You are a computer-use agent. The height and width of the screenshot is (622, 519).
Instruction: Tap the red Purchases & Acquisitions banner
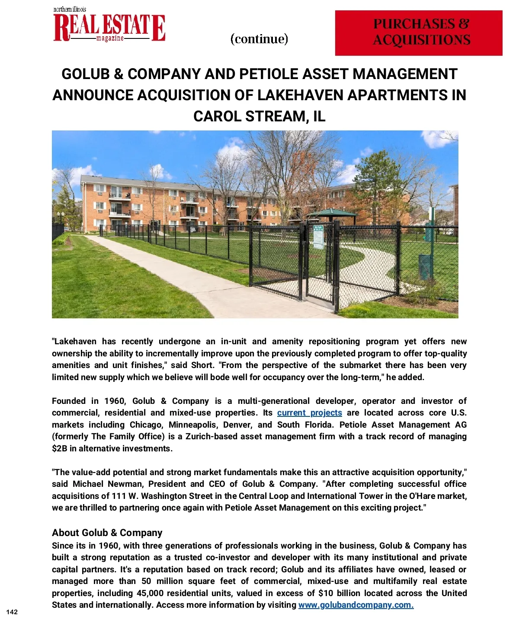point(418,33)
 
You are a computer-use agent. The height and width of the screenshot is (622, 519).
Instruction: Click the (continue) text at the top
point(259,39)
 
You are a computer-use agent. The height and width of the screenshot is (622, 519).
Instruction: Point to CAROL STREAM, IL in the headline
point(259,116)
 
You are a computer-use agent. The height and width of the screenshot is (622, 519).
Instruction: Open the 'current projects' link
point(309,413)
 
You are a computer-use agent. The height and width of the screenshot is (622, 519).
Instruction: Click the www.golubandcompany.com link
point(356,605)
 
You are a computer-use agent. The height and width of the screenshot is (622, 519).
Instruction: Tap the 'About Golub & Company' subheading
point(107,533)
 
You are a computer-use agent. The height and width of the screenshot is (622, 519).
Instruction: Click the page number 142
point(12,612)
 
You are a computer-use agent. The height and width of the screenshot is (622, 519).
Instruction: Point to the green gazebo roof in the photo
point(332,213)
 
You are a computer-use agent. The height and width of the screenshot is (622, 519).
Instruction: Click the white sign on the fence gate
point(318,236)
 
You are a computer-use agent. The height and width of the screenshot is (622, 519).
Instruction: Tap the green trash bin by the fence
point(425,266)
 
